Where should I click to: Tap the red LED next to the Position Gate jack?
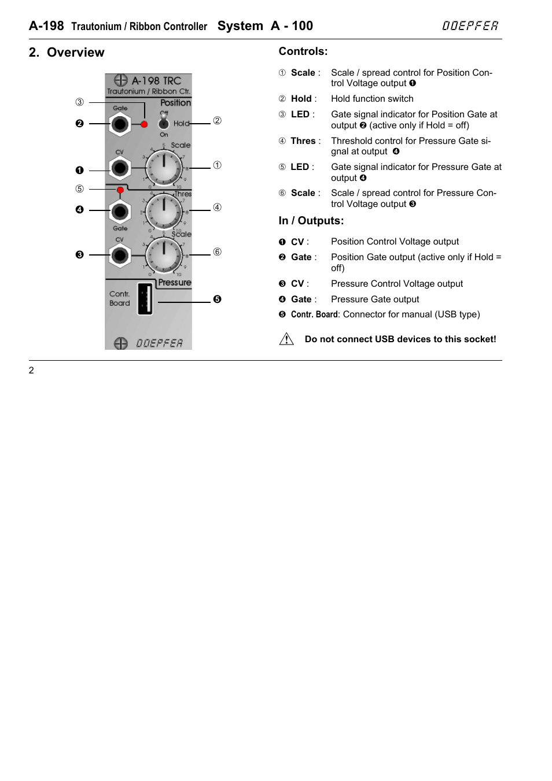click(x=145, y=124)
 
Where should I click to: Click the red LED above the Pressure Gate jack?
click(x=120, y=190)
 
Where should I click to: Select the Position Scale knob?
click(x=164, y=168)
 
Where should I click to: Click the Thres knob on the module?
click(x=164, y=210)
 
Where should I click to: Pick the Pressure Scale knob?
click(x=164, y=254)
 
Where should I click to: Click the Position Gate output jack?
click(x=120, y=124)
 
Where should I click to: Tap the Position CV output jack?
click(x=120, y=168)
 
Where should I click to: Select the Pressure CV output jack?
click(x=120, y=254)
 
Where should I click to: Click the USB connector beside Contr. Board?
click(x=145, y=298)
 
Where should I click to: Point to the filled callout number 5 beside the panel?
click(x=217, y=299)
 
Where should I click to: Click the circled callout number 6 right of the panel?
click(x=217, y=252)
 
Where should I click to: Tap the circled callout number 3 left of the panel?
click(x=79, y=102)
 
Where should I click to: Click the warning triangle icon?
click(x=286, y=339)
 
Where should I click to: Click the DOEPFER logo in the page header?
click(x=470, y=26)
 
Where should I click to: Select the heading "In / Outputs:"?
click(x=311, y=221)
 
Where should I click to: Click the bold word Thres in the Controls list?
click(x=303, y=141)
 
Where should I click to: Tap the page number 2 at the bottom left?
click(x=31, y=371)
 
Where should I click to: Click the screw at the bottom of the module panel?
click(x=120, y=343)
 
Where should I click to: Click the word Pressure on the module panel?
click(x=174, y=283)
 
